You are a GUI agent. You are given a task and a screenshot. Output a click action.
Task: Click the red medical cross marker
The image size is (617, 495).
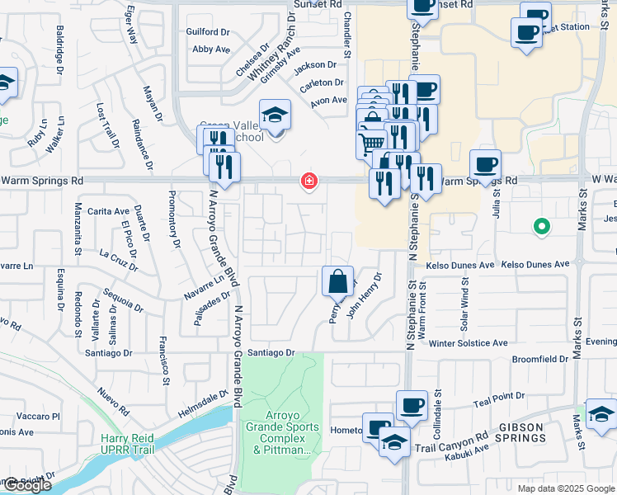tap(309, 181)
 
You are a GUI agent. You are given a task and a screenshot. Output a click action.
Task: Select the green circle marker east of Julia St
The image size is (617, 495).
tap(541, 225)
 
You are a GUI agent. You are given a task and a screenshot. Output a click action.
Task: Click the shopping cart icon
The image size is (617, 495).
tap(371, 144)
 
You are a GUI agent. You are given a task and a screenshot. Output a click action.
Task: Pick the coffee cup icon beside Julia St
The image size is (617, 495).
tap(485, 163)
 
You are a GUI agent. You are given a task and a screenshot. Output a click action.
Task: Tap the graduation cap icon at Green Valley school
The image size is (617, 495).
tap(276, 115)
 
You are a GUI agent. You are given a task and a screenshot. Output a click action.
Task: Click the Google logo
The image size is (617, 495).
tap(26, 485)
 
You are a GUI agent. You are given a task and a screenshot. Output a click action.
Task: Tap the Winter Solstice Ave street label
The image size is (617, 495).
tap(465, 343)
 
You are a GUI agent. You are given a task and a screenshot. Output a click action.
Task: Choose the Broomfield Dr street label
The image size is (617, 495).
tap(540, 359)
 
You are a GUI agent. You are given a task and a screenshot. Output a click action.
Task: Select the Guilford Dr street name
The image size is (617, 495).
tap(209, 32)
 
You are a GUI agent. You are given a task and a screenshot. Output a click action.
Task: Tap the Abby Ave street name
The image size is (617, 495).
tap(210, 49)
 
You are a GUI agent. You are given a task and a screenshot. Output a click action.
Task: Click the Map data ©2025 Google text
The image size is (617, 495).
tap(565, 488)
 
